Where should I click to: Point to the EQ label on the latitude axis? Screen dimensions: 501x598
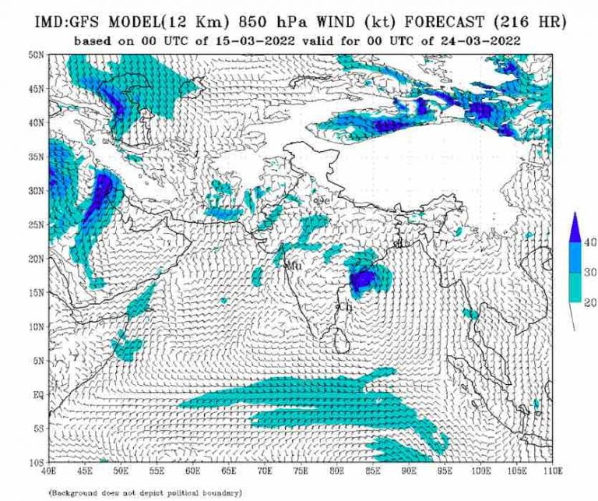pyautogui.click(x=37, y=395)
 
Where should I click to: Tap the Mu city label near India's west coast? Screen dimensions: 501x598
pyautogui.click(x=294, y=266)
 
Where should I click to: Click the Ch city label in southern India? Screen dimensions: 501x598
pyautogui.click(x=345, y=308)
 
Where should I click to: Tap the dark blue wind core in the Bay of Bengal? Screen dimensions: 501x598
pyautogui.click(x=363, y=279)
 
